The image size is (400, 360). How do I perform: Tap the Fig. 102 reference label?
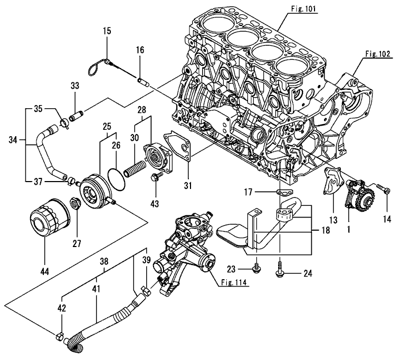click(377, 53)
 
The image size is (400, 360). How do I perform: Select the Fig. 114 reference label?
click(232, 282)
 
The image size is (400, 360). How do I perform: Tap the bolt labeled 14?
click(383, 188)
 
